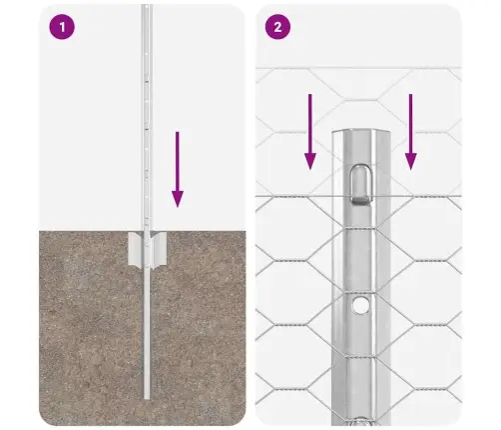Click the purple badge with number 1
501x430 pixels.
63,28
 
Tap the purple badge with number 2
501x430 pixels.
276,28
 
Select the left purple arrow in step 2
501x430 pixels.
310,130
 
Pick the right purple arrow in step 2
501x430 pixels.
409,130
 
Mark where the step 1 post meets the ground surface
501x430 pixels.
150,232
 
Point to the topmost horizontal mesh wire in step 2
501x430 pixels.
299,70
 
